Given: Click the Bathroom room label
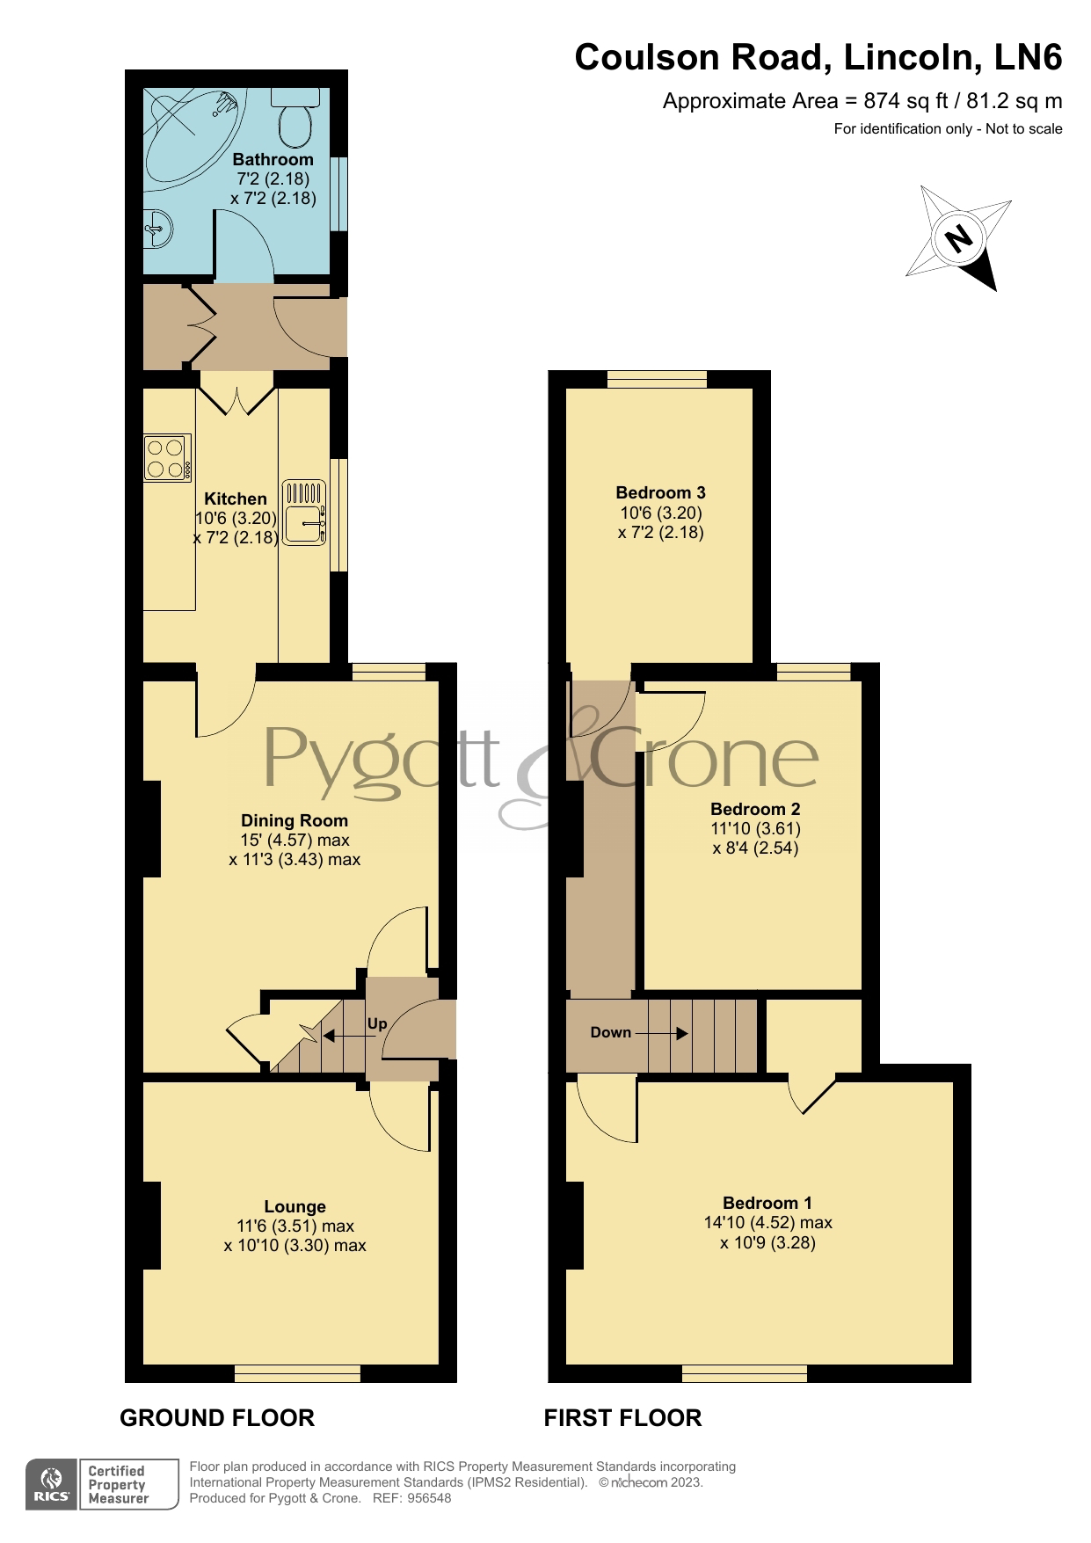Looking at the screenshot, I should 273,159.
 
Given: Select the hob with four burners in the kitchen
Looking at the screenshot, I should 167,457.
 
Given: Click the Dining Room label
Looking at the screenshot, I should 295,820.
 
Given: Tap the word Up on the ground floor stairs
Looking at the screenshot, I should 377,1023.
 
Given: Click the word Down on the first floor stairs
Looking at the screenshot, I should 611,1032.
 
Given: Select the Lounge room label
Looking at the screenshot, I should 295,1206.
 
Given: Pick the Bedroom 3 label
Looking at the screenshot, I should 660,492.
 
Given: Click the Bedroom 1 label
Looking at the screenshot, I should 767,1203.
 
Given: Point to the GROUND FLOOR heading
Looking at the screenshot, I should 217,1418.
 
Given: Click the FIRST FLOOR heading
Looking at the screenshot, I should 622,1418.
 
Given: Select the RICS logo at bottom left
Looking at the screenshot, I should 52,1485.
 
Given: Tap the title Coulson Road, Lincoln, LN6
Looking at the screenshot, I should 818,58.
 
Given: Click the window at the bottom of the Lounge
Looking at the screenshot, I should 297,1372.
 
